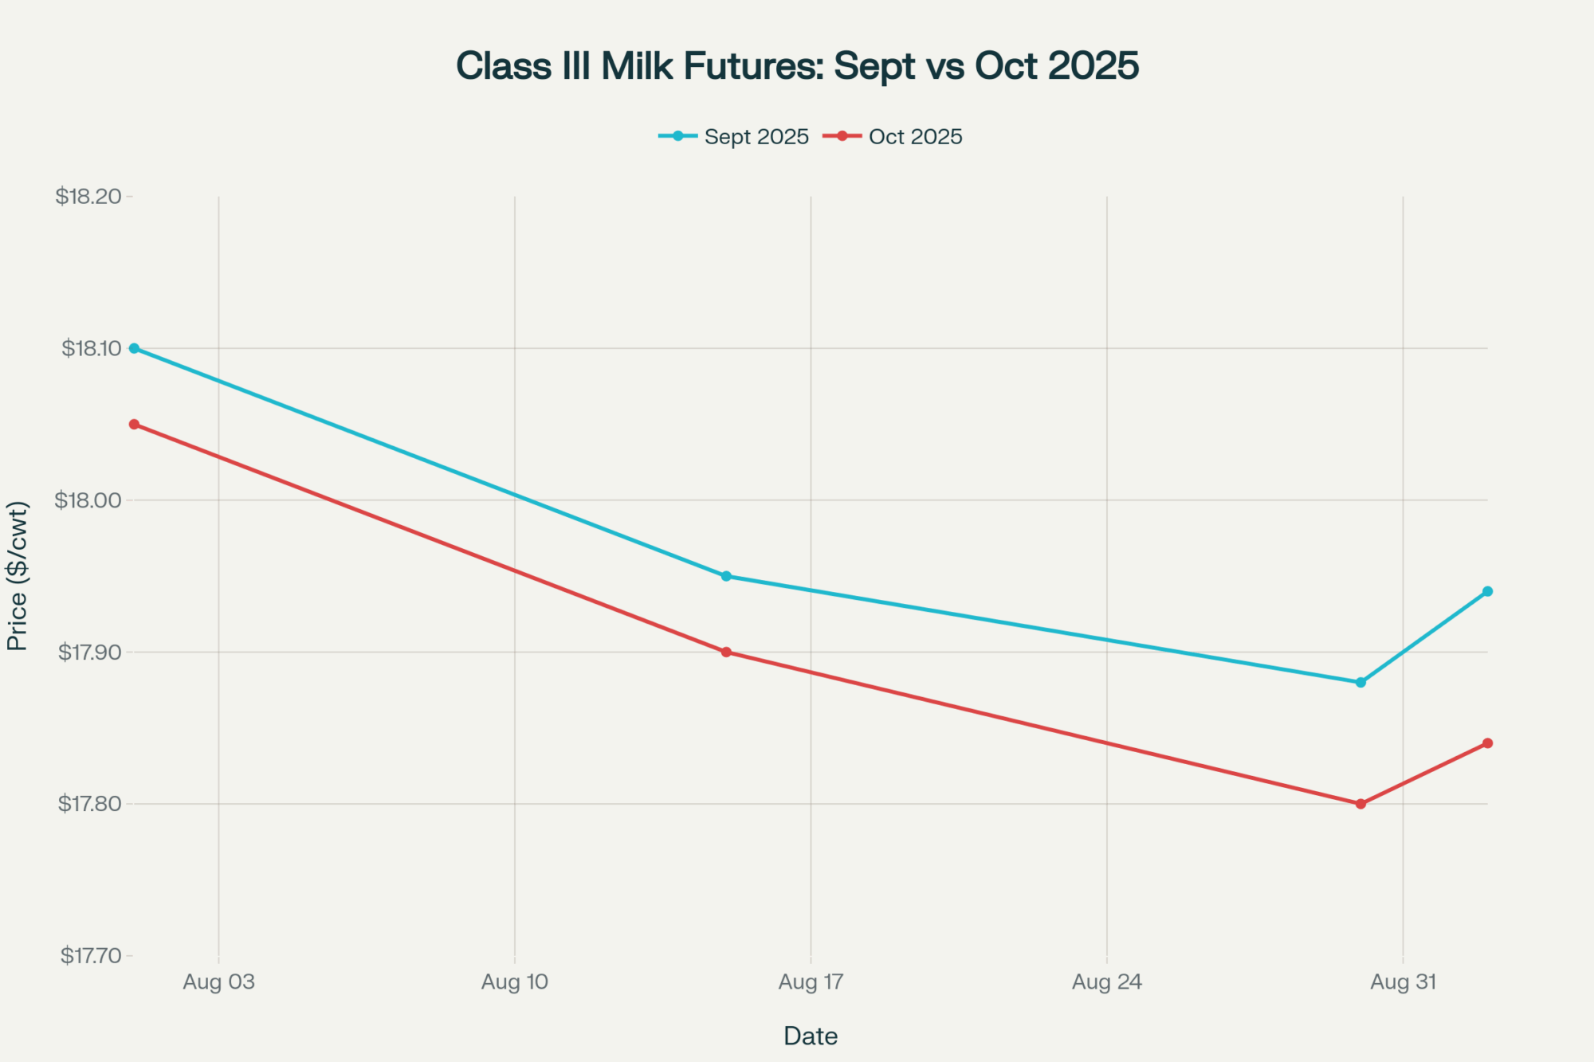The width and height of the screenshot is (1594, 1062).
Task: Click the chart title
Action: tap(797, 65)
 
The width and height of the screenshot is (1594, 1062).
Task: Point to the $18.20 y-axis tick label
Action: tap(88, 197)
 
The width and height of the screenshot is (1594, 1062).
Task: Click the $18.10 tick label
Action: tap(92, 349)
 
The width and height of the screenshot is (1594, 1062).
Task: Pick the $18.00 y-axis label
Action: tap(88, 500)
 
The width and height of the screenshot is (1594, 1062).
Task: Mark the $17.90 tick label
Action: tap(90, 652)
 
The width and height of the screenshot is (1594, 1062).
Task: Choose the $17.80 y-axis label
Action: tap(90, 804)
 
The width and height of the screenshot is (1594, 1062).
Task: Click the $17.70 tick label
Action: tap(91, 955)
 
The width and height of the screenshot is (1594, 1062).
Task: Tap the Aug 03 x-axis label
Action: tap(219, 982)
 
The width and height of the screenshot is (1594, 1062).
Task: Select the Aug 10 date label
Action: tap(515, 982)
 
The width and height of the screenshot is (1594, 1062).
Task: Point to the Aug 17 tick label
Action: tap(811, 982)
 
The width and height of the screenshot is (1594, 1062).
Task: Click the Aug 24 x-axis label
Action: tap(1107, 982)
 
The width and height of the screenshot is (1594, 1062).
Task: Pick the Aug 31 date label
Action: tap(1403, 982)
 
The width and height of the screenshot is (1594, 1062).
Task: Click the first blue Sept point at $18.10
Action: tap(134, 348)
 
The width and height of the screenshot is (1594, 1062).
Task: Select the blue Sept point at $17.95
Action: tap(726, 576)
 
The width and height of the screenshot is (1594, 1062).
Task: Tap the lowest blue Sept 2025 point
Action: tap(1360, 683)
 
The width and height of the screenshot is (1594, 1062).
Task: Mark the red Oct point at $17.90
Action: tap(726, 652)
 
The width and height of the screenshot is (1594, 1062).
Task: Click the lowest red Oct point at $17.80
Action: tap(1360, 804)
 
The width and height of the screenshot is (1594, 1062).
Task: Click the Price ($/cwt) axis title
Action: tap(18, 576)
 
